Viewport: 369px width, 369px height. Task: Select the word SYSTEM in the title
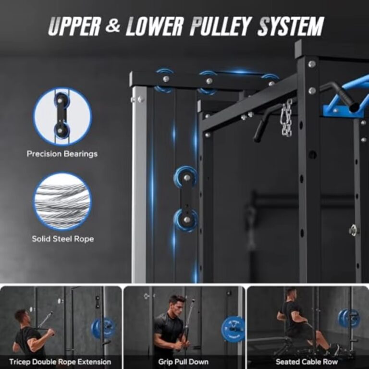click(290, 26)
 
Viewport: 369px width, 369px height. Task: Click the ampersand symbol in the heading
click(113, 26)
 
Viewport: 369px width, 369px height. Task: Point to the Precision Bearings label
click(62, 154)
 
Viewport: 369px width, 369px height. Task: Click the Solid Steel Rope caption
click(62, 239)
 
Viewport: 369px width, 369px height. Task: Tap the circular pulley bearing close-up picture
click(62, 116)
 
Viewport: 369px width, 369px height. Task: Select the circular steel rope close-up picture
click(62, 201)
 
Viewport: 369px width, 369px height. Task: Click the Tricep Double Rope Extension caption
click(60, 361)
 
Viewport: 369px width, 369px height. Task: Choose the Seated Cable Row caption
click(307, 361)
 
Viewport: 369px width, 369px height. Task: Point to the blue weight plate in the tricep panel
click(102, 328)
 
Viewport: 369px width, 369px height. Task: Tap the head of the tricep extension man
click(21, 316)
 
